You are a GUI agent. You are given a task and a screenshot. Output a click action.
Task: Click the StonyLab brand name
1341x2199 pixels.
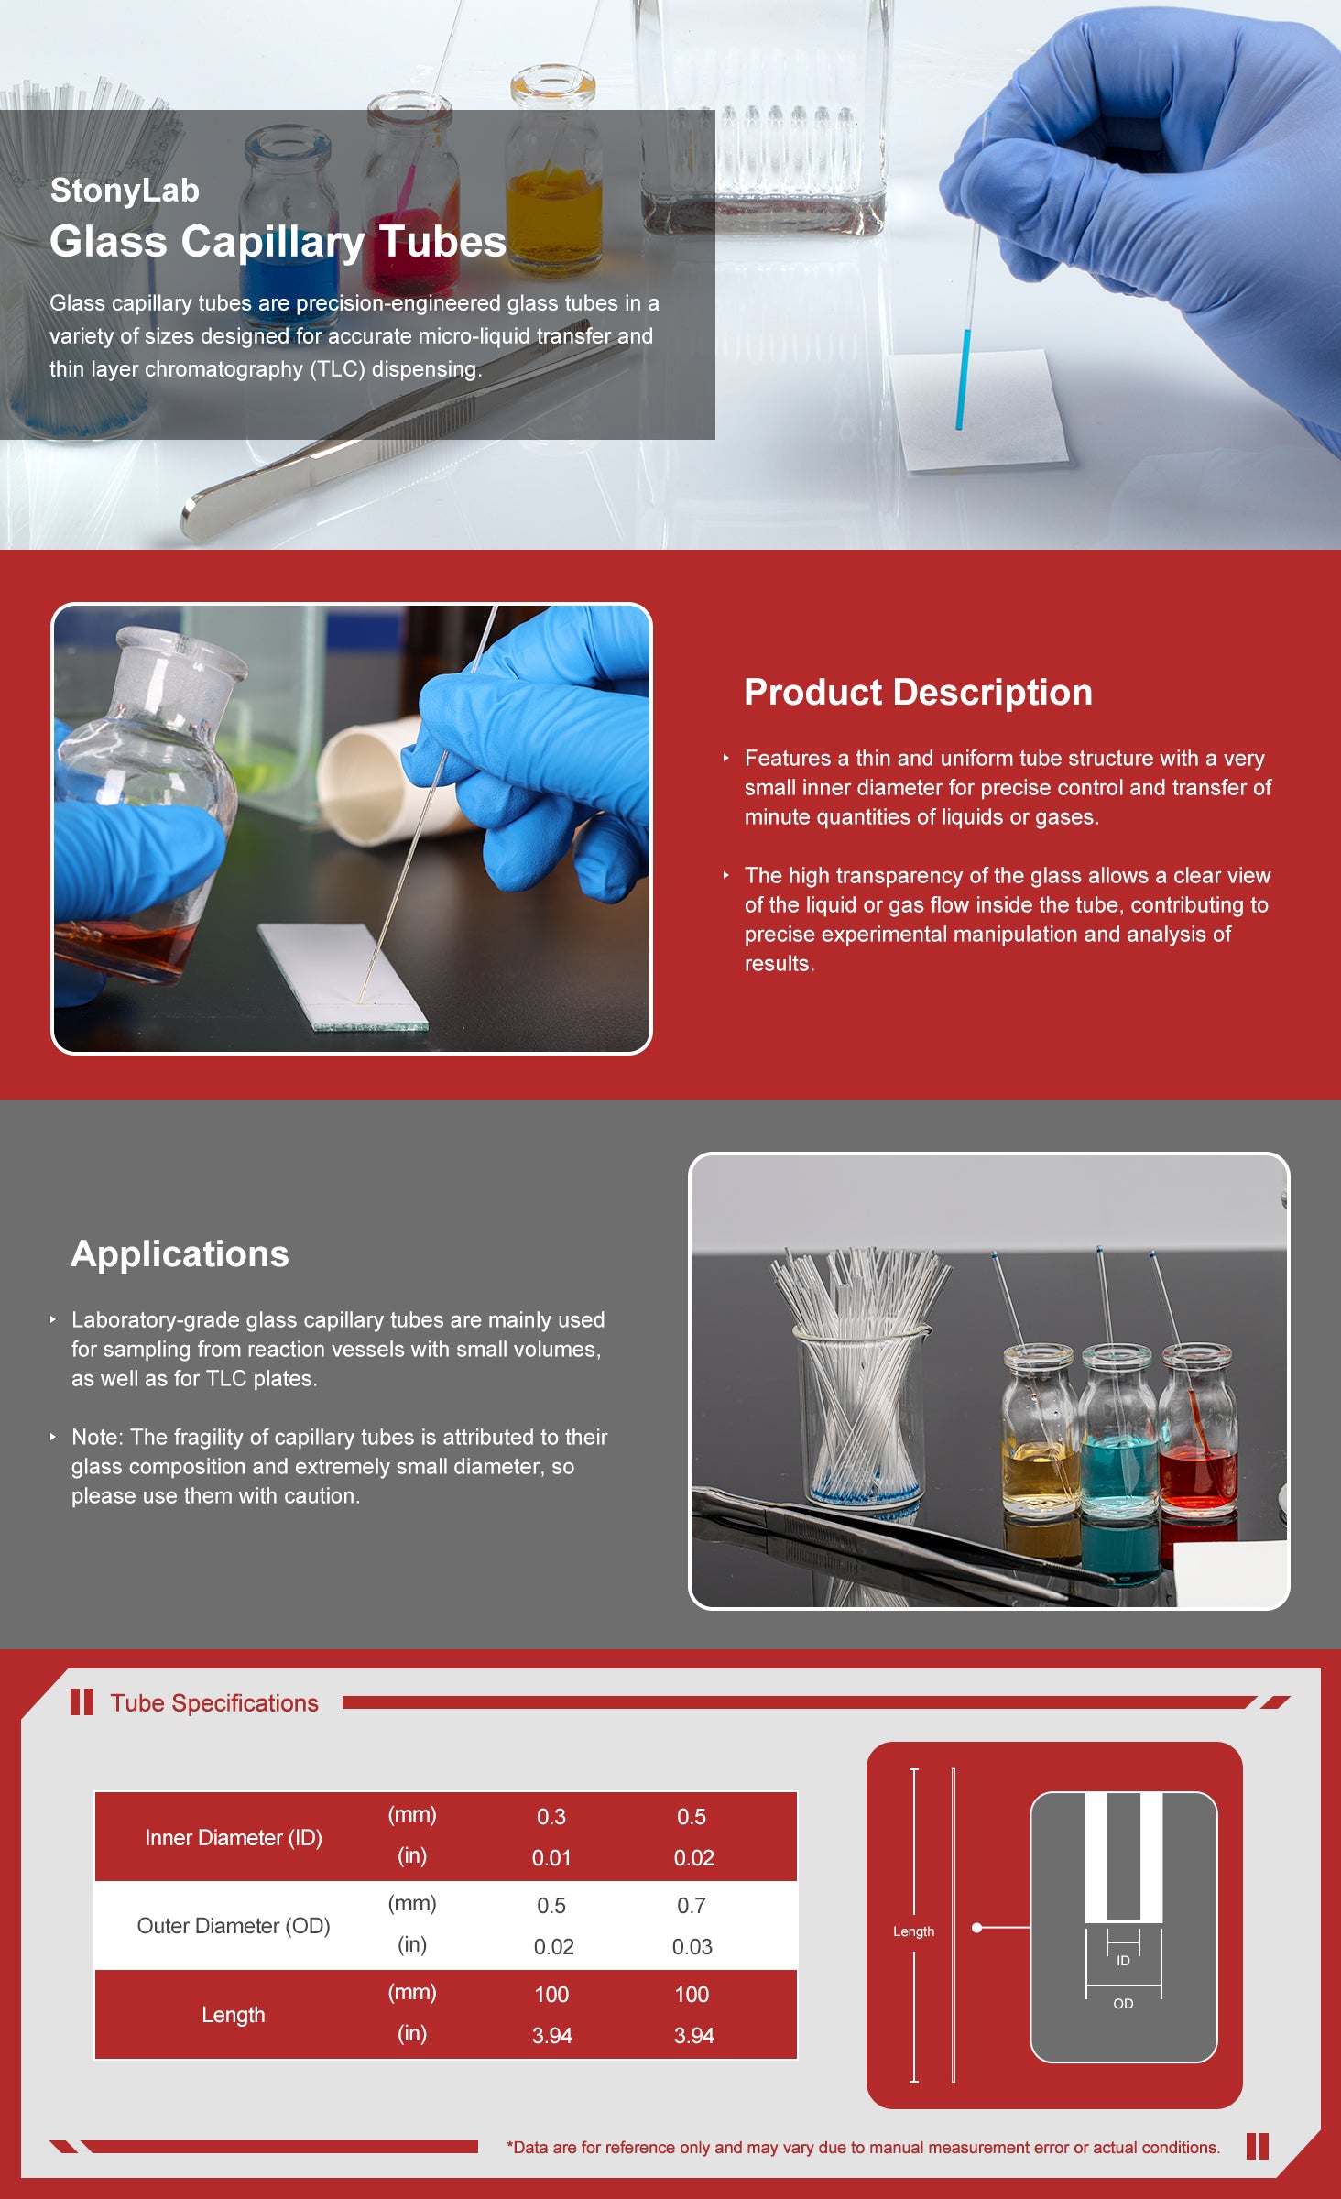(x=125, y=191)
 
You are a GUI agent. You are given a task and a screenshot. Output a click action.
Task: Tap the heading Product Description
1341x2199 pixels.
(x=918, y=693)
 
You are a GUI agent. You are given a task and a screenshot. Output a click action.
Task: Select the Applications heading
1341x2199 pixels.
(x=180, y=1254)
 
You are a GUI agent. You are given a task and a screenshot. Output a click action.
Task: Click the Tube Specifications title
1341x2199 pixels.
(x=214, y=1703)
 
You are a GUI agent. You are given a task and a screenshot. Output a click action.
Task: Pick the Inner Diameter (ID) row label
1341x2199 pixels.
(x=234, y=1837)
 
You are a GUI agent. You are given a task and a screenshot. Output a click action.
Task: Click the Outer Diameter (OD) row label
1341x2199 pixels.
(x=234, y=1926)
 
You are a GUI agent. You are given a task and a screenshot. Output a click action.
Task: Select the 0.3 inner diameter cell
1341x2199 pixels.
(x=551, y=1817)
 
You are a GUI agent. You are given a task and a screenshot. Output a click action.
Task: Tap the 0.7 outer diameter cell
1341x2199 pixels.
(x=692, y=1906)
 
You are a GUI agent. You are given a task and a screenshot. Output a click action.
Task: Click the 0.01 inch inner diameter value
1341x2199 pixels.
(x=551, y=1858)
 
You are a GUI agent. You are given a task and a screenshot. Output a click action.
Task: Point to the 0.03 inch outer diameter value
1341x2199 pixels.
(x=692, y=1947)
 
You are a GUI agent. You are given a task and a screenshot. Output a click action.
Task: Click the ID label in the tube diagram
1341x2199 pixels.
(x=1123, y=1961)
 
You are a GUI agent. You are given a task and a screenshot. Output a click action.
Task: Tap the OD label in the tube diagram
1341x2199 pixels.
(x=1123, y=2004)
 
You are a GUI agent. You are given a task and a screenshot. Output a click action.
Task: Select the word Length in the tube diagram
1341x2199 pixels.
(x=913, y=1931)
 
